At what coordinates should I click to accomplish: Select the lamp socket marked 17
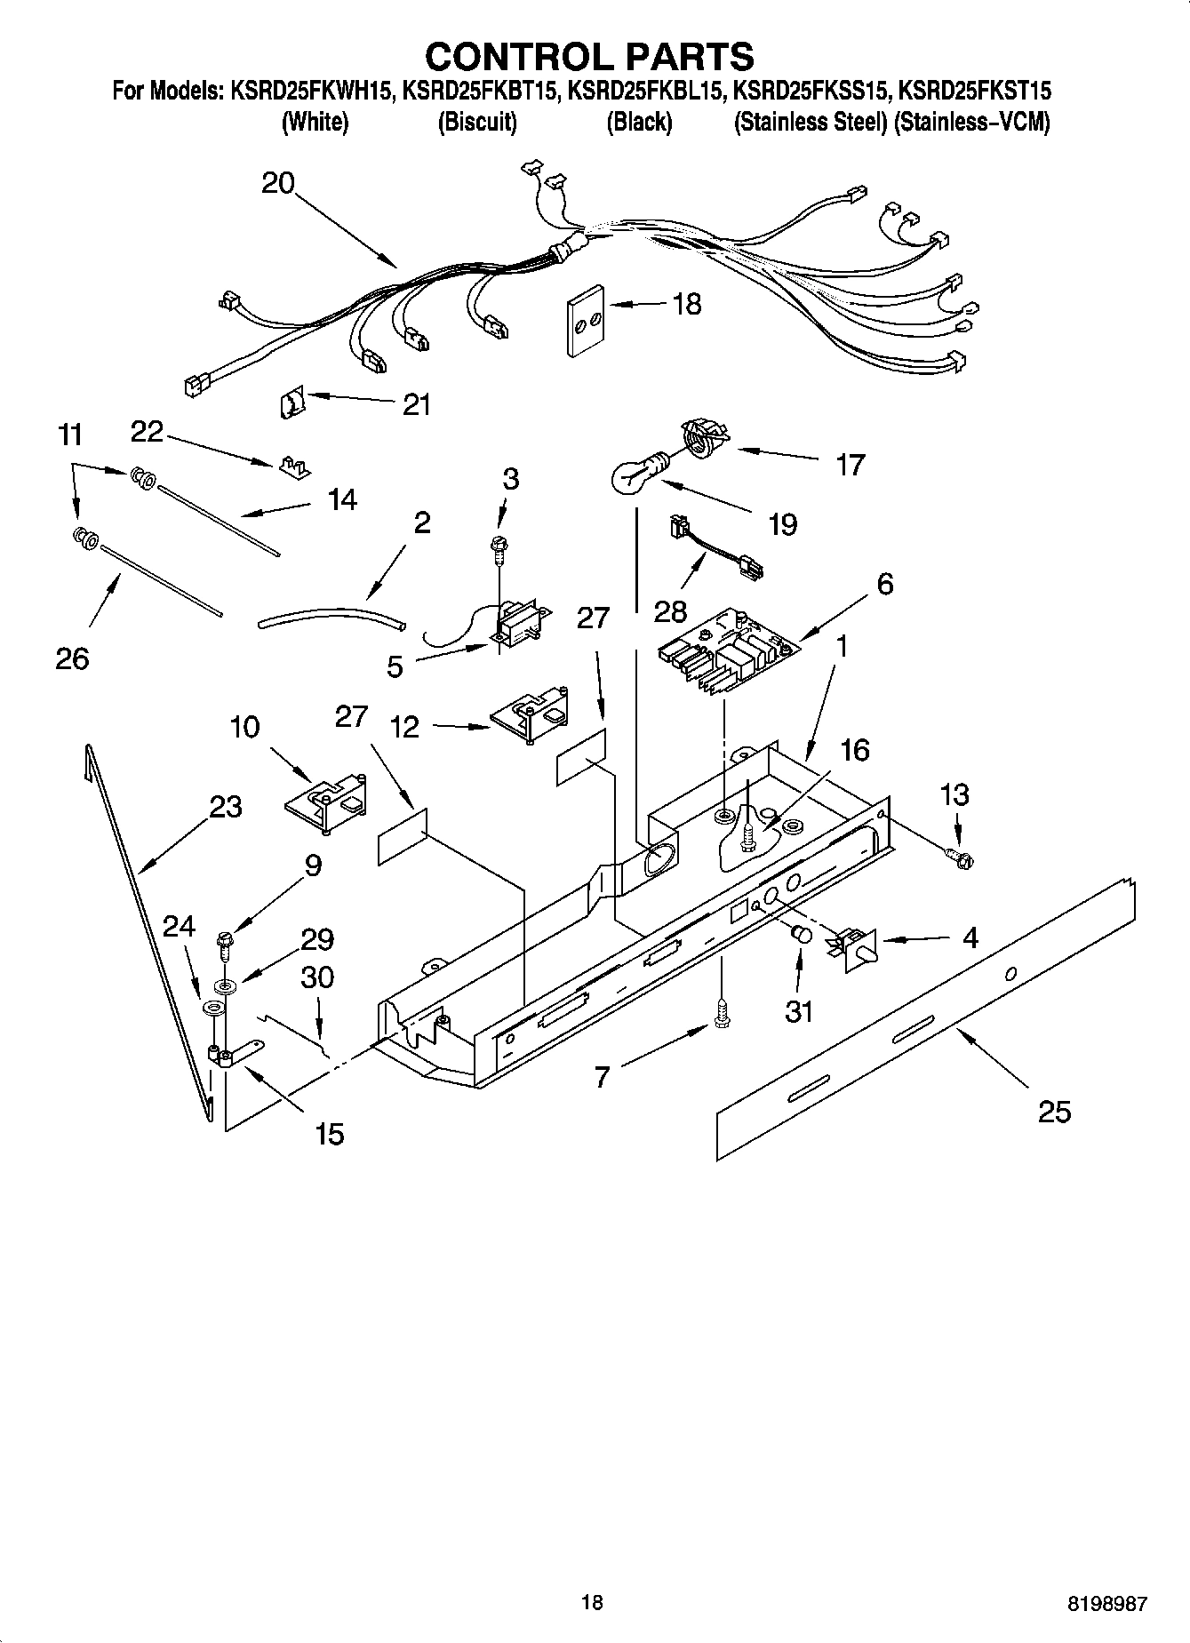point(703,441)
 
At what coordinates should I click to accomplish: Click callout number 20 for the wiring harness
point(278,183)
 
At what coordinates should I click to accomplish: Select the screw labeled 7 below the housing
point(721,1014)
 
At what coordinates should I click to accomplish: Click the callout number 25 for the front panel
point(1055,1112)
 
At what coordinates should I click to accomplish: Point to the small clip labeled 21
point(290,404)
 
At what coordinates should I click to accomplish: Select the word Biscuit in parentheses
point(477,122)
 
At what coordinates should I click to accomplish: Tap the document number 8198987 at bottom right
point(1106,1603)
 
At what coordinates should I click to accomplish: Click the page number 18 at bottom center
point(592,1602)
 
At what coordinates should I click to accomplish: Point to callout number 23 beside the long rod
point(226,807)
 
